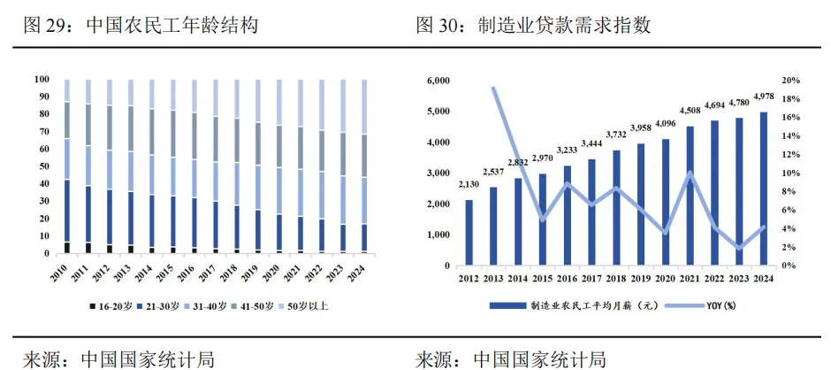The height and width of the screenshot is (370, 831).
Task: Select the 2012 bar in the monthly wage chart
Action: (469, 232)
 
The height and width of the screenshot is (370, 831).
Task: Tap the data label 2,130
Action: (469, 184)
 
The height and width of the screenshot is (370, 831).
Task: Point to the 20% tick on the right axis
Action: (791, 81)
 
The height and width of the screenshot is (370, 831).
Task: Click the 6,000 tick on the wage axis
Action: (438, 81)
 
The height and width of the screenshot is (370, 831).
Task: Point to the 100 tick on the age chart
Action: (41, 80)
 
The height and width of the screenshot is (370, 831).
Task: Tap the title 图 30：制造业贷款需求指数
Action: (534, 26)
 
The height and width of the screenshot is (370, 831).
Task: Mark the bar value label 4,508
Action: (690, 111)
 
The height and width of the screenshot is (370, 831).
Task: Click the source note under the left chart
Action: (118, 358)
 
